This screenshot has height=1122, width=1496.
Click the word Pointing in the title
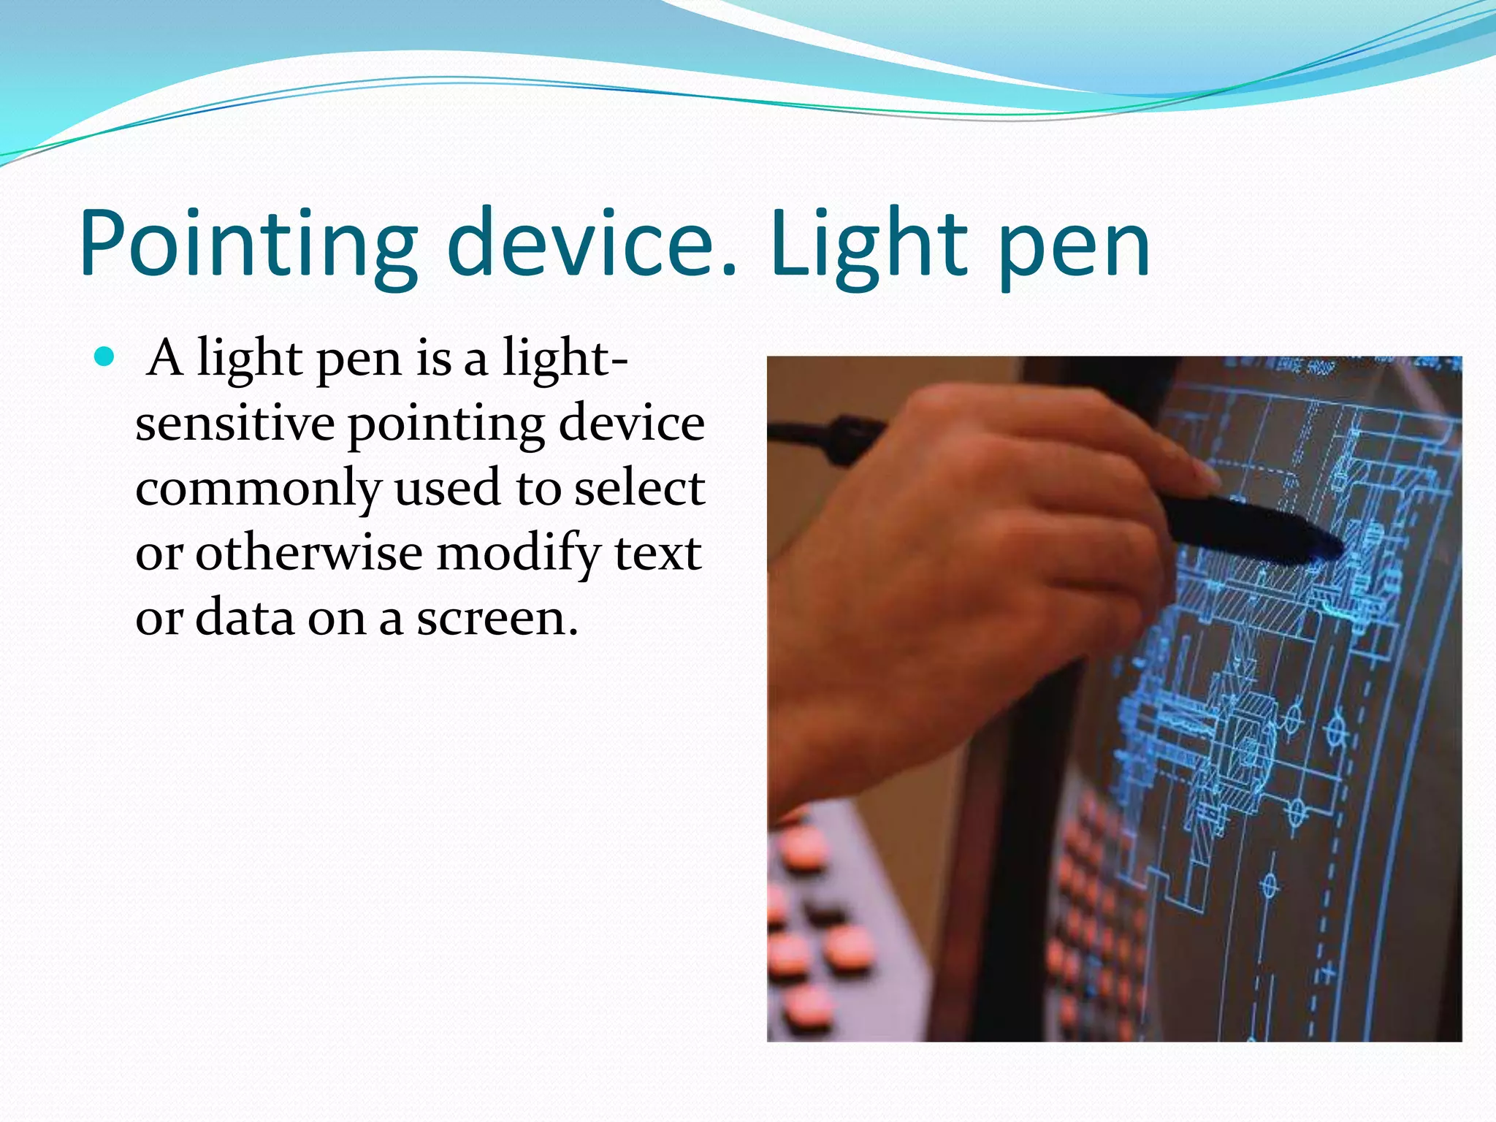248,245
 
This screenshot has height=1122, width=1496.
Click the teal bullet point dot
105,357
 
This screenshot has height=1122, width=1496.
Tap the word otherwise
308,553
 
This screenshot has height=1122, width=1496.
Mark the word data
245,618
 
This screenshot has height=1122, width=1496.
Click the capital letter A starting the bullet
164,358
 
